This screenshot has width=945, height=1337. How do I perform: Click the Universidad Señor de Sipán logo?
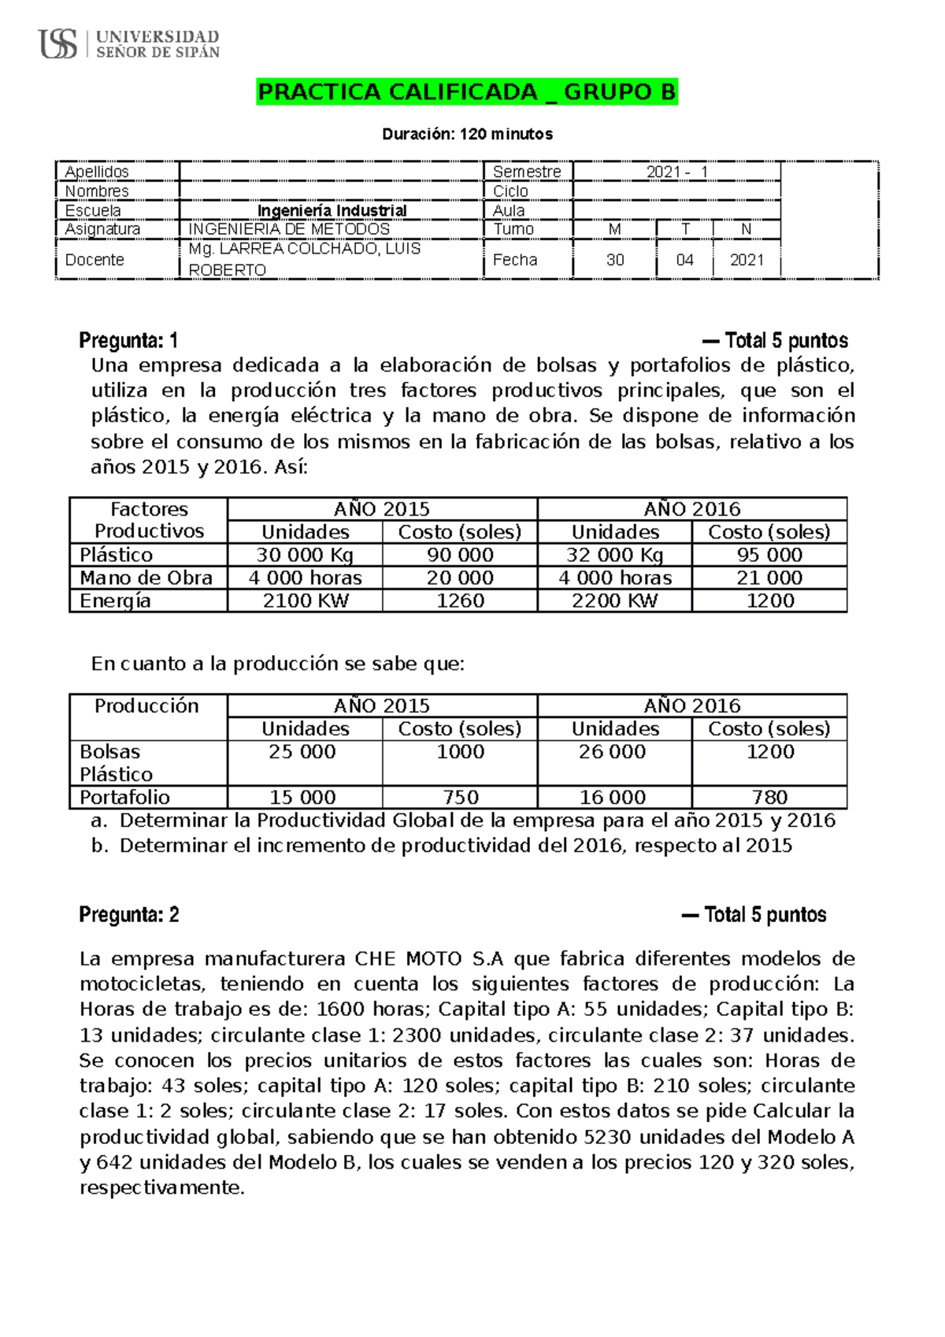[x=128, y=43]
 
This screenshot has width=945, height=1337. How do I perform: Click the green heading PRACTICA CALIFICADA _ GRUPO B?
[x=467, y=92]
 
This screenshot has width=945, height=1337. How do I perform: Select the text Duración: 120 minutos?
[x=467, y=134]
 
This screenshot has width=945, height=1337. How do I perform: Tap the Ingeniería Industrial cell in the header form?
[x=332, y=210]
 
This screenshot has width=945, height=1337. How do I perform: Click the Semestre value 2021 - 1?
[x=676, y=172]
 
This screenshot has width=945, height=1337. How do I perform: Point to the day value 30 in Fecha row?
[x=615, y=260]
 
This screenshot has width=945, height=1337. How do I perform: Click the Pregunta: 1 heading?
[x=128, y=341]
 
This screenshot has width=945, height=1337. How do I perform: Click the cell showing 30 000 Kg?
[x=305, y=555]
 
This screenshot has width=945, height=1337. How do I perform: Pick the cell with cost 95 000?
[x=769, y=555]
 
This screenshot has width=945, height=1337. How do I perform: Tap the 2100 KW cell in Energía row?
[x=305, y=601]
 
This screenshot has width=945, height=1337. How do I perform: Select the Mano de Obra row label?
[x=146, y=578]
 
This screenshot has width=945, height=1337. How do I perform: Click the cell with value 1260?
[x=460, y=601]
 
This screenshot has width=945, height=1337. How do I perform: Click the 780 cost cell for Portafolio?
[x=769, y=797]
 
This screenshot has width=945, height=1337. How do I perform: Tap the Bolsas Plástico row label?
[x=116, y=763]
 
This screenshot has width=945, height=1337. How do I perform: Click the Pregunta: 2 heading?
[x=129, y=915]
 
